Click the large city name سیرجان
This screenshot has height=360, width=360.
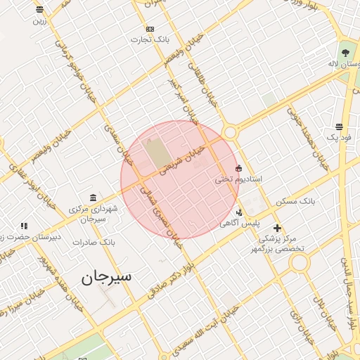(106, 277)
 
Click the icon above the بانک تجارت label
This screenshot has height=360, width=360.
(150, 29)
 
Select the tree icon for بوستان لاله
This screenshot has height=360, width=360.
(345, 53)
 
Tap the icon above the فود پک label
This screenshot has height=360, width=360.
(340, 127)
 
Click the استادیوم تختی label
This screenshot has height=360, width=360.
(238, 180)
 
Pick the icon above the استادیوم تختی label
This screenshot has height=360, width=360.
(239, 168)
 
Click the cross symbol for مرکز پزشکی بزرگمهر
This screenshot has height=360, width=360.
(277, 228)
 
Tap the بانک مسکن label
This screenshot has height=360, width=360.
(295, 202)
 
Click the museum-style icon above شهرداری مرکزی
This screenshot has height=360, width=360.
(93, 198)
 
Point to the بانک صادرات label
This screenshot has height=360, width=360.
(97, 242)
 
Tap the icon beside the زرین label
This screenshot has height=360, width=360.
(39, 10)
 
